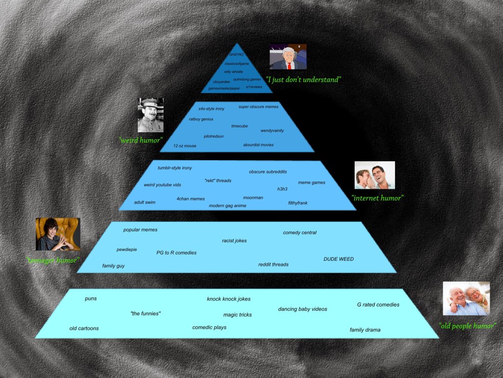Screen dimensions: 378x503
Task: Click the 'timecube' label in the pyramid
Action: pyautogui.click(x=239, y=126)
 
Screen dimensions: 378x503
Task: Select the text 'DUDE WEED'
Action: pyautogui.click(x=338, y=259)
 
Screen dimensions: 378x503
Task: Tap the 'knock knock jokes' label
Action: pyautogui.click(x=228, y=299)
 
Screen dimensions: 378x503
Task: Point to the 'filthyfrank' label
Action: pyautogui.click(x=298, y=203)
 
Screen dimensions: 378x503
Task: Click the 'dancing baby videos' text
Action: pyautogui.click(x=302, y=309)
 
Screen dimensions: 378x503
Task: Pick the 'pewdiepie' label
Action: pyautogui.click(x=126, y=249)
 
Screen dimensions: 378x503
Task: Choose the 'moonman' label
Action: pyautogui.click(x=253, y=197)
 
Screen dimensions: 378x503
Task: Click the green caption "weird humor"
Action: pyautogui.click(x=140, y=140)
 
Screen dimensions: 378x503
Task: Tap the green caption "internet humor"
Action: pyautogui.click(x=377, y=198)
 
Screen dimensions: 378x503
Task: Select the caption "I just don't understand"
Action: pyautogui.click(x=303, y=80)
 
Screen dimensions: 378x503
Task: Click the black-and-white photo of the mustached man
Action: pyautogui.click(x=150, y=115)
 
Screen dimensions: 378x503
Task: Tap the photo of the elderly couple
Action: pyautogui.click(x=466, y=298)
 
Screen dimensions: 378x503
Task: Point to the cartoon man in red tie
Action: pyautogui.click(x=288, y=57)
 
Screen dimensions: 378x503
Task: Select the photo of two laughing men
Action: pyautogui.click(x=375, y=175)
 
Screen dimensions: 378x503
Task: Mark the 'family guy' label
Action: pyautogui.click(x=113, y=266)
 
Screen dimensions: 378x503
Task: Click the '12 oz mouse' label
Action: pyautogui.click(x=184, y=146)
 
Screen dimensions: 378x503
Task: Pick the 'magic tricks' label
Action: pyautogui.click(x=237, y=315)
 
